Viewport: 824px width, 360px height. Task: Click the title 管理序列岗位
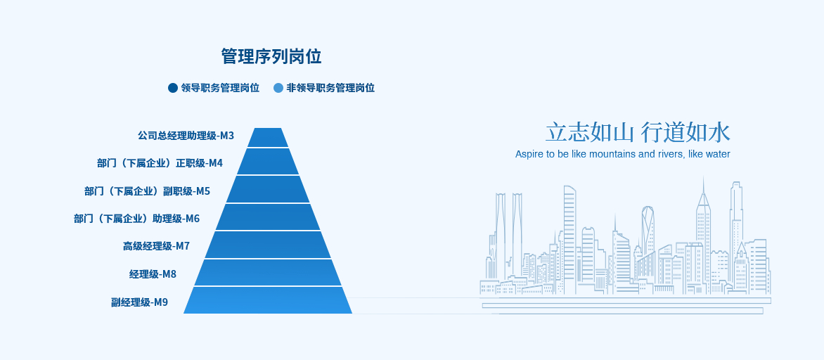click(271, 56)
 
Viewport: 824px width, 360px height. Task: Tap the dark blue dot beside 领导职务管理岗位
click(173, 88)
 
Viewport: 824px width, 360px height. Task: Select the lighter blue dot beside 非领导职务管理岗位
click(278, 88)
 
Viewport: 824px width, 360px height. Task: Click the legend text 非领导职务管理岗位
click(330, 88)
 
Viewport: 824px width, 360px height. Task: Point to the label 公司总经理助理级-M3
click(186, 136)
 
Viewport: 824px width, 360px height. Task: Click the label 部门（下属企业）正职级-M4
click(160, 163)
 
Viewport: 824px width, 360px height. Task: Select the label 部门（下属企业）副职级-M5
click(147, 191)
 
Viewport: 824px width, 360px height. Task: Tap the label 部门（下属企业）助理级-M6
click(136, 218)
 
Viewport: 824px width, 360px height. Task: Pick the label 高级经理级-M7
click(157, 246)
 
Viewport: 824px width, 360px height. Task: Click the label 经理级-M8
click(153, 274)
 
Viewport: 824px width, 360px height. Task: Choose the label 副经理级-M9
click(140, 302)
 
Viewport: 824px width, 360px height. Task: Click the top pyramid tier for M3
click(268, 138)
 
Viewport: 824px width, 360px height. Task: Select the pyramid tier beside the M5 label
click(268, 189)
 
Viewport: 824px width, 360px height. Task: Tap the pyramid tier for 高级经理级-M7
click(268, 245)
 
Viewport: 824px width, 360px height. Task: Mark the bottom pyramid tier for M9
click(268, 300)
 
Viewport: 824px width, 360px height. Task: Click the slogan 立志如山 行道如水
click(638, 132)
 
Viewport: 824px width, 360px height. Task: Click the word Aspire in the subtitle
click(527, 155)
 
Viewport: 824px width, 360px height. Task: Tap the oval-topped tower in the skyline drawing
click(648, 231)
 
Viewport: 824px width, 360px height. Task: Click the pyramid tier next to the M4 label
click(268, 161)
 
